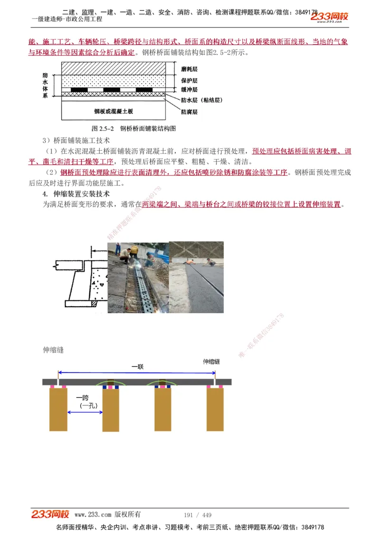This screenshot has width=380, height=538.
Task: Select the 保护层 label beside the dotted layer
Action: coord(189,80)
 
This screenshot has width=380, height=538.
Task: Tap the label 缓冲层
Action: coord(189,89)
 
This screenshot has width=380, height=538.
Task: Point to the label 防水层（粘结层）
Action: coord(201,100)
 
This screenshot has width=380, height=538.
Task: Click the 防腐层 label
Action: coord(189,112)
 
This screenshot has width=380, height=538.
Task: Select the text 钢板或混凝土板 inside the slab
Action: coord(114,111)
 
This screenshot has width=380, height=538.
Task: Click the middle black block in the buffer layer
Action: coord(112,90)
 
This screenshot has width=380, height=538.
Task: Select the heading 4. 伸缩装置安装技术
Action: coord(76,194)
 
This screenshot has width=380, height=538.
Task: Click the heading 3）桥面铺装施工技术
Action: coord(76,141)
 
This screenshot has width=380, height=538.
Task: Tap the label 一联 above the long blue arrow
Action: coord(138,367)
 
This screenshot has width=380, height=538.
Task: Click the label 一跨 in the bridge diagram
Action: coord(82,398)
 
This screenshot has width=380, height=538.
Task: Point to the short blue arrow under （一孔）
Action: coord(85,412)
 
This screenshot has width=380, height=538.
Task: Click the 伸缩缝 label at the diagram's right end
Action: coord(211,362)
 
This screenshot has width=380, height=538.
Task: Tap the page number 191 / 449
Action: coord(197,515)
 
